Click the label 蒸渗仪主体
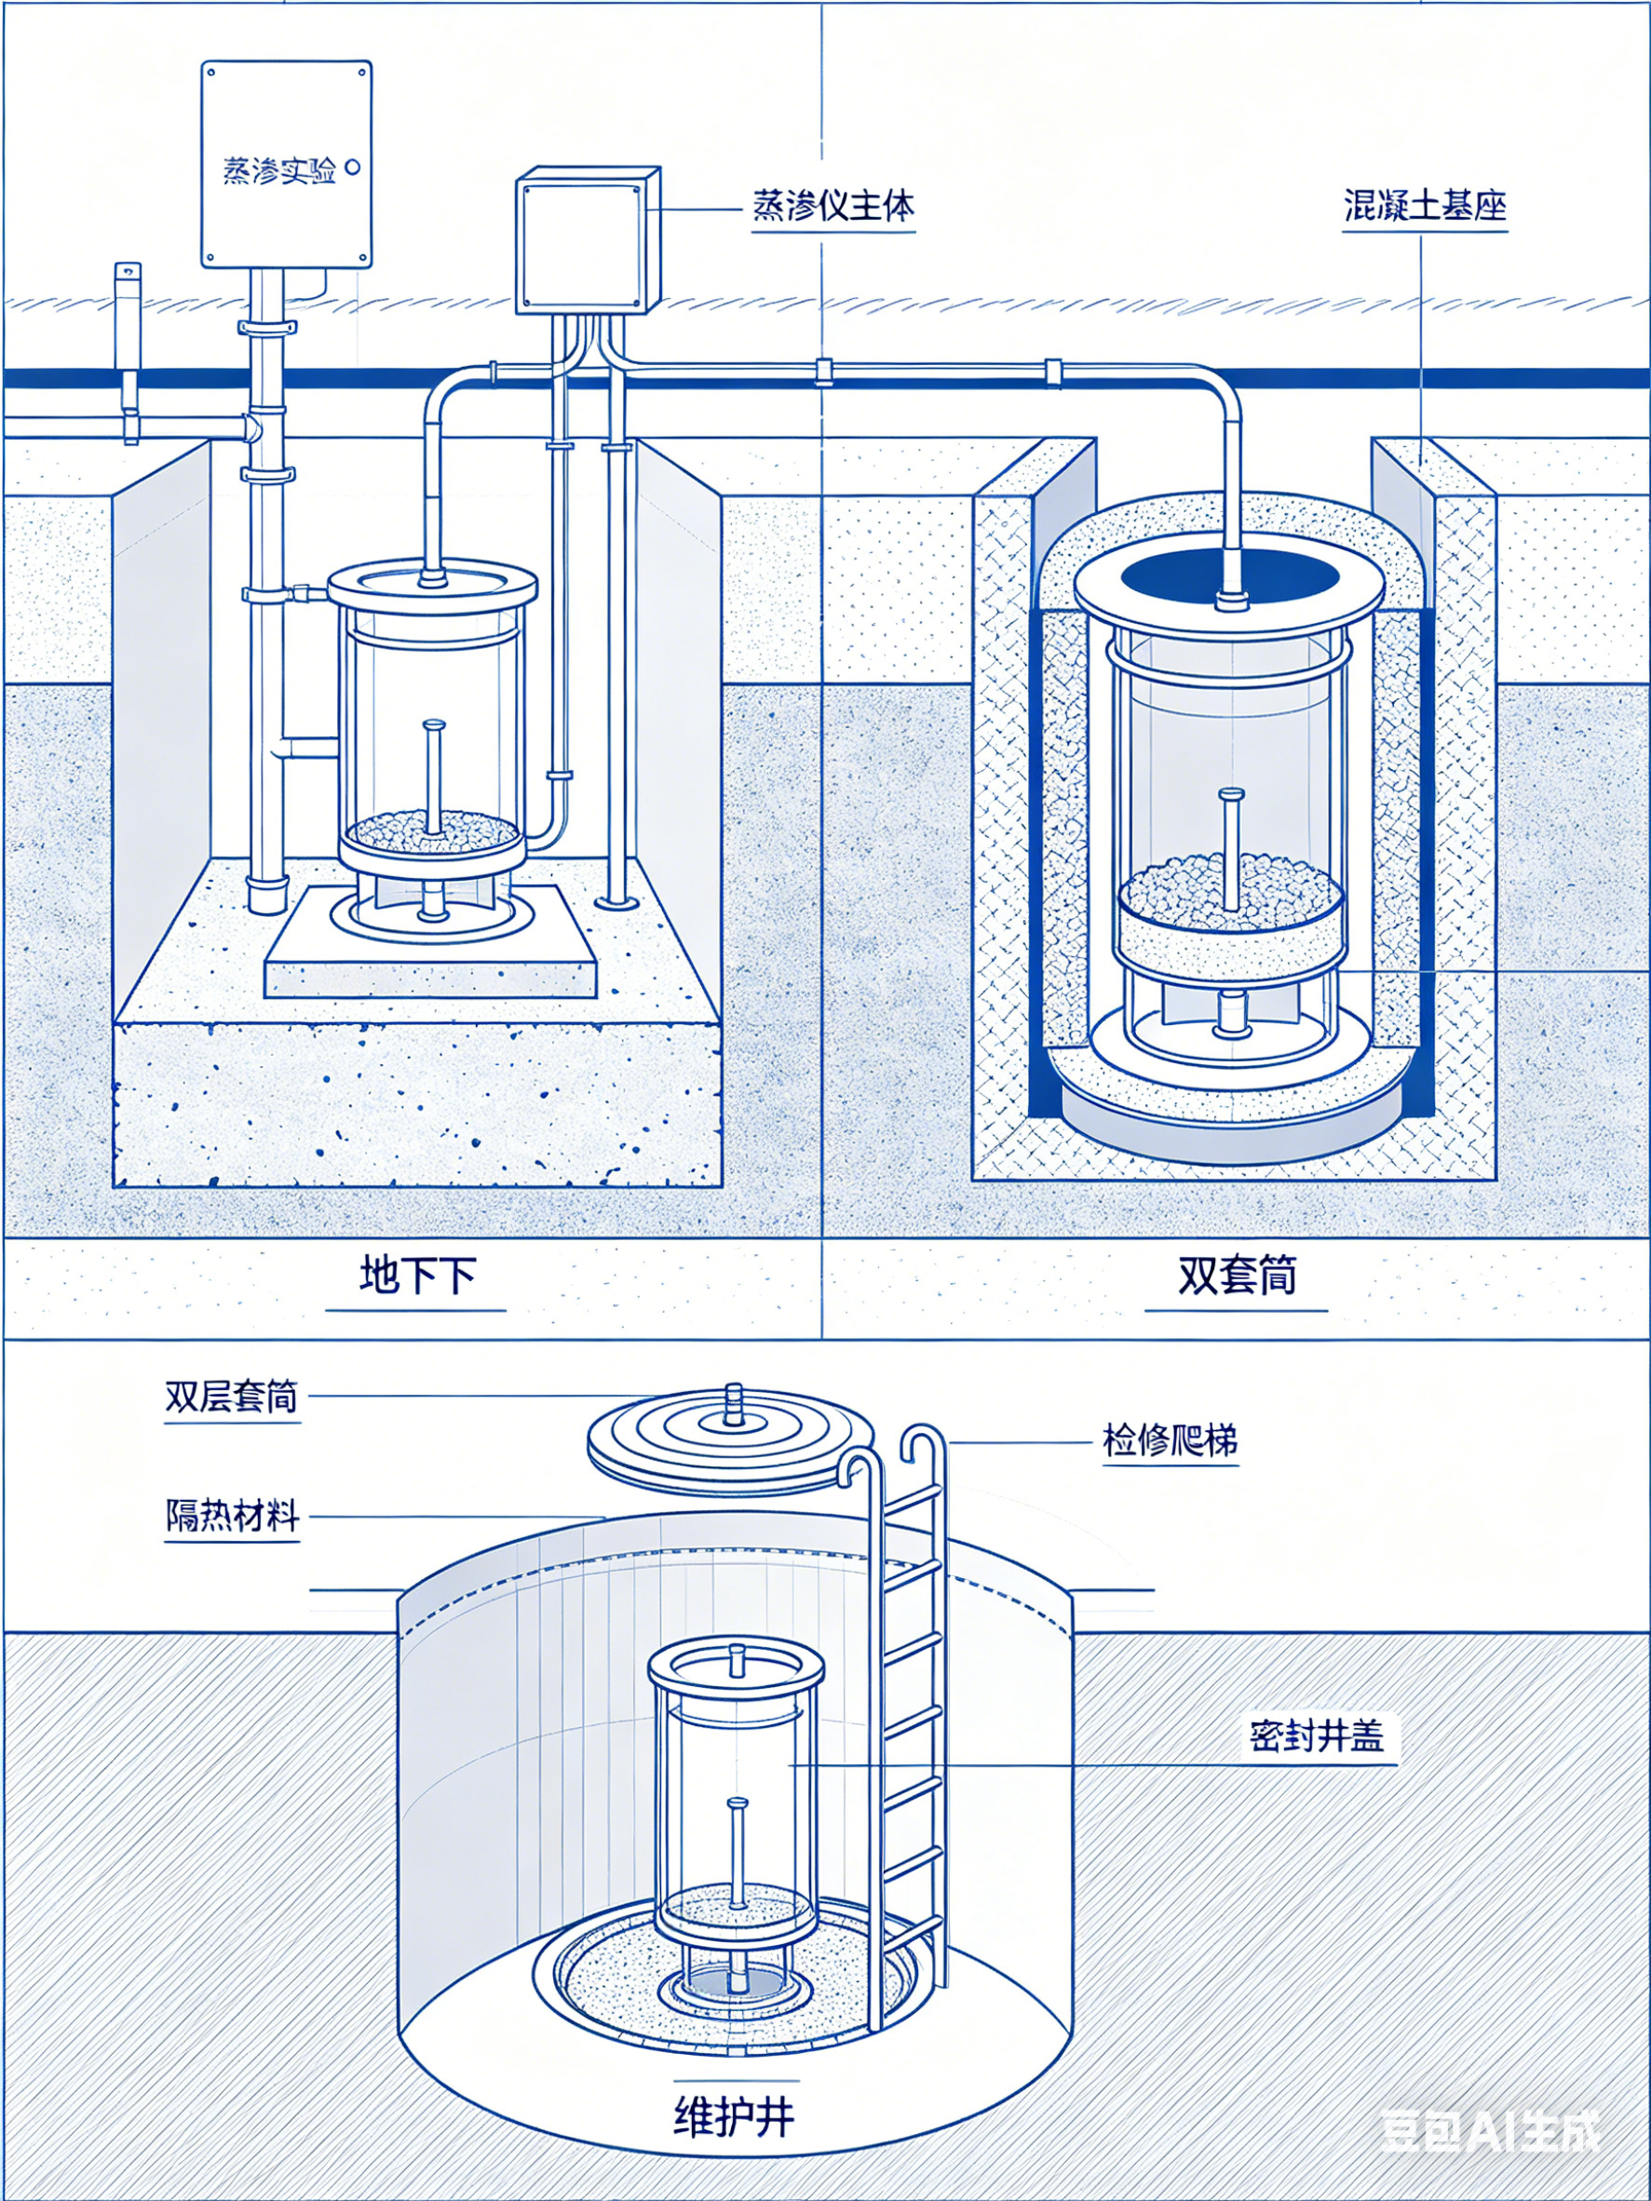(x=832, y=206)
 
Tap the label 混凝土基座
(x=1424, y=206)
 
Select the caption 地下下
(x=417, y=1275)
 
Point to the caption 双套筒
(x=1236, y=1275)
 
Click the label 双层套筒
(x=232, y=1397)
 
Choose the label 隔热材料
(x=232, y=1516)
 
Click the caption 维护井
(x=735, y=2113)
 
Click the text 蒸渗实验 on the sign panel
(x=278, y=171)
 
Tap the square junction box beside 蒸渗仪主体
(x=588, y=242)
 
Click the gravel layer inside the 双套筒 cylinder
(x=1231, y=885)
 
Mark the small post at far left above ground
(x=127, y=318)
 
